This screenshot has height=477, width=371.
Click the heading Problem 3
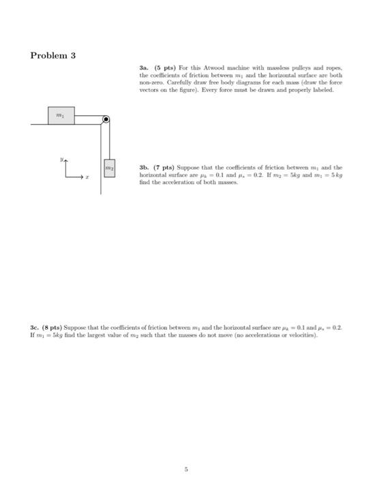coord(53,55)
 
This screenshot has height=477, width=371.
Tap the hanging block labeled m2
coord(109,167)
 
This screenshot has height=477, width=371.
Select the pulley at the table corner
coord(106,121)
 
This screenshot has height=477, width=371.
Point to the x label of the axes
coord(87,177)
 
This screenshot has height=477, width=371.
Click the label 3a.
coord(143,70)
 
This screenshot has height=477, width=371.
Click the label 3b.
coord(143,166)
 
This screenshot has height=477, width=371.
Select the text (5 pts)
coord(161,70)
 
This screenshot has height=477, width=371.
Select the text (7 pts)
coord(161,166)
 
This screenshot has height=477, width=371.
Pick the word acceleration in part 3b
coord(172,182)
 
